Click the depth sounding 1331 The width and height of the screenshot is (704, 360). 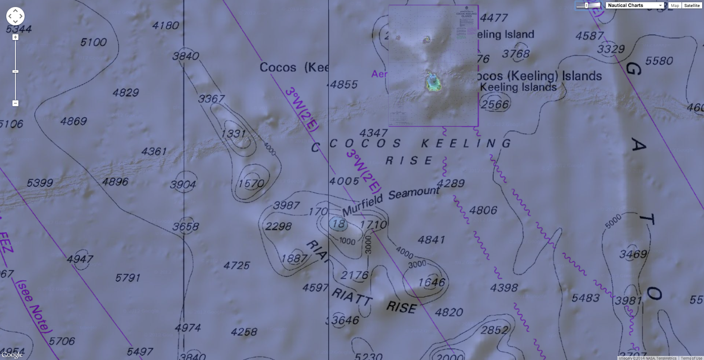point(233,133)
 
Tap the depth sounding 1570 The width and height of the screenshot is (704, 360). point(251,183)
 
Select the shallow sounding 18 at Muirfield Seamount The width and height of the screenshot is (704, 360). point(338,224)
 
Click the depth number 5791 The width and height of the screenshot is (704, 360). point(128,278)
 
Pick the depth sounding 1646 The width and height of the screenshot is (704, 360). point(431,282)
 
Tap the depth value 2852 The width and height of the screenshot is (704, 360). point(494,330)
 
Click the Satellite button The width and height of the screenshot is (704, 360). point(692,5)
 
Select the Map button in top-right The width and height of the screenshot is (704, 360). point(675,5)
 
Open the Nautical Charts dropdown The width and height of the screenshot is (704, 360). point(634,5)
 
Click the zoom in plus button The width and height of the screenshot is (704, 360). point(15,37)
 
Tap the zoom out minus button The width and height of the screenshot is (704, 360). point(15,103)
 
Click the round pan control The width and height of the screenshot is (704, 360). point(15,16)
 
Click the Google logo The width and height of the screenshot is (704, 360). point(12,355)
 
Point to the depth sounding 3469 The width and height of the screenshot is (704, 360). point(633,254)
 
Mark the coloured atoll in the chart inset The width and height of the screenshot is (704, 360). point(433,82)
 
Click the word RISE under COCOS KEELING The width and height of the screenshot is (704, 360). point(409,161)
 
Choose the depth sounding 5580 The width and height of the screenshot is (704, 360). point(659,61)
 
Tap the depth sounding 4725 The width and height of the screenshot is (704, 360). point(236,265)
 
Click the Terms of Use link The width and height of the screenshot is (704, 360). point(691,358)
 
